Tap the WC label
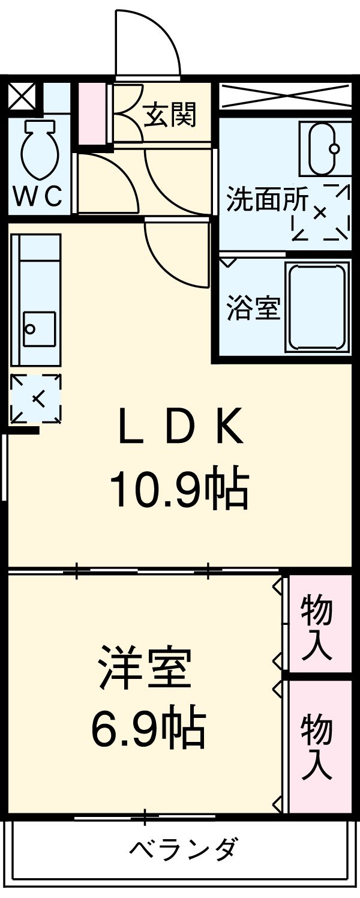(x=39, y=196)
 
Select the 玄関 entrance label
(x=170, y=115)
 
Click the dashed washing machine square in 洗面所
(x=320, y=212)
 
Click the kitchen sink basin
(x=39, y=330)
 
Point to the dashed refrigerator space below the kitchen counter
(x=37, y=397)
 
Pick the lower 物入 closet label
(x=316, y=746)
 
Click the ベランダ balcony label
(x=184, y=849)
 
